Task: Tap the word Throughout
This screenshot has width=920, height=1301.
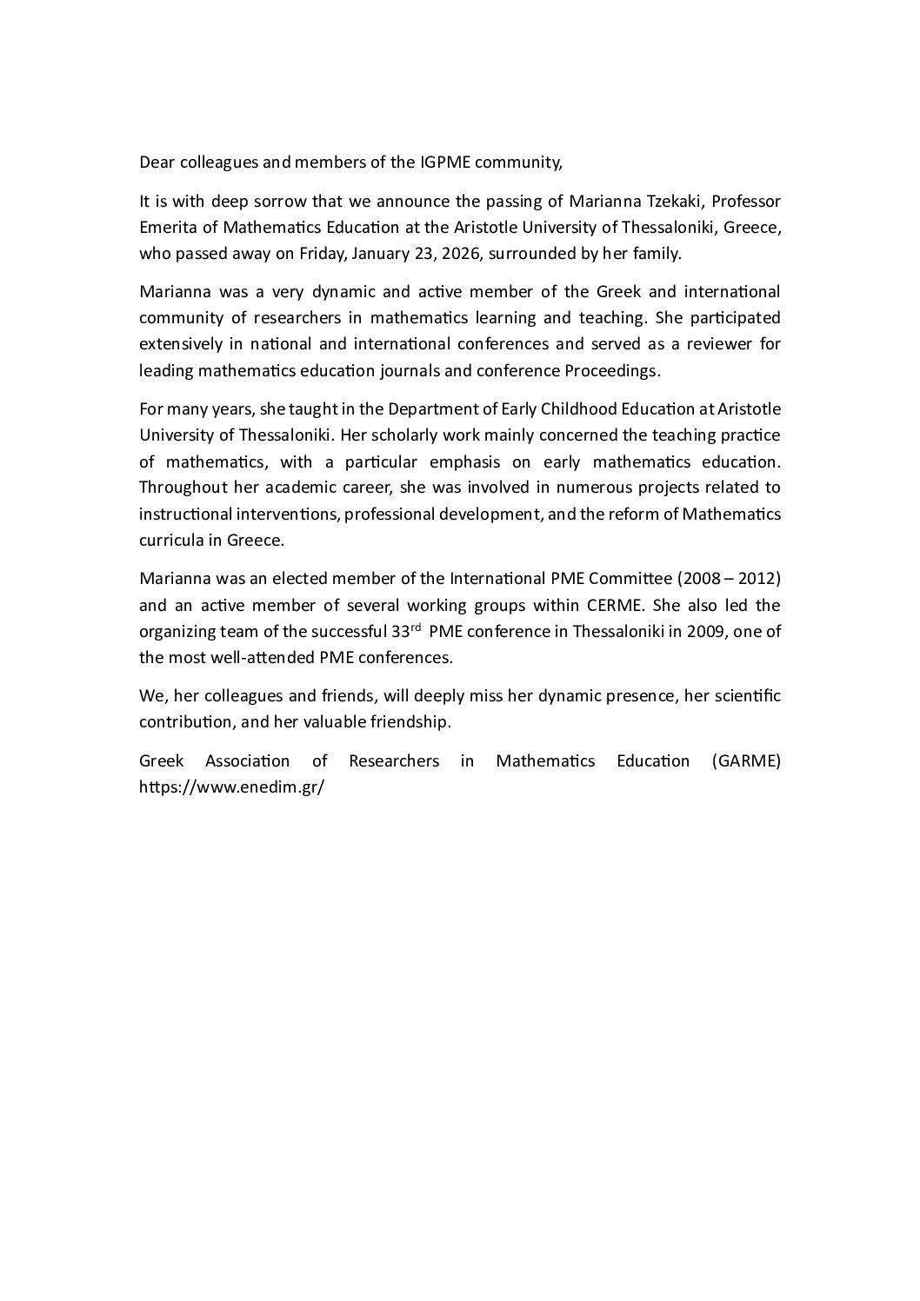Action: point(183,488)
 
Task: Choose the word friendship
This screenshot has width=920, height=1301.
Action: point(411,723)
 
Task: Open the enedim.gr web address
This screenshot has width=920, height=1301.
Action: point(231,787)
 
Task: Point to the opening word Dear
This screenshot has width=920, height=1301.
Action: point(157,162)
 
